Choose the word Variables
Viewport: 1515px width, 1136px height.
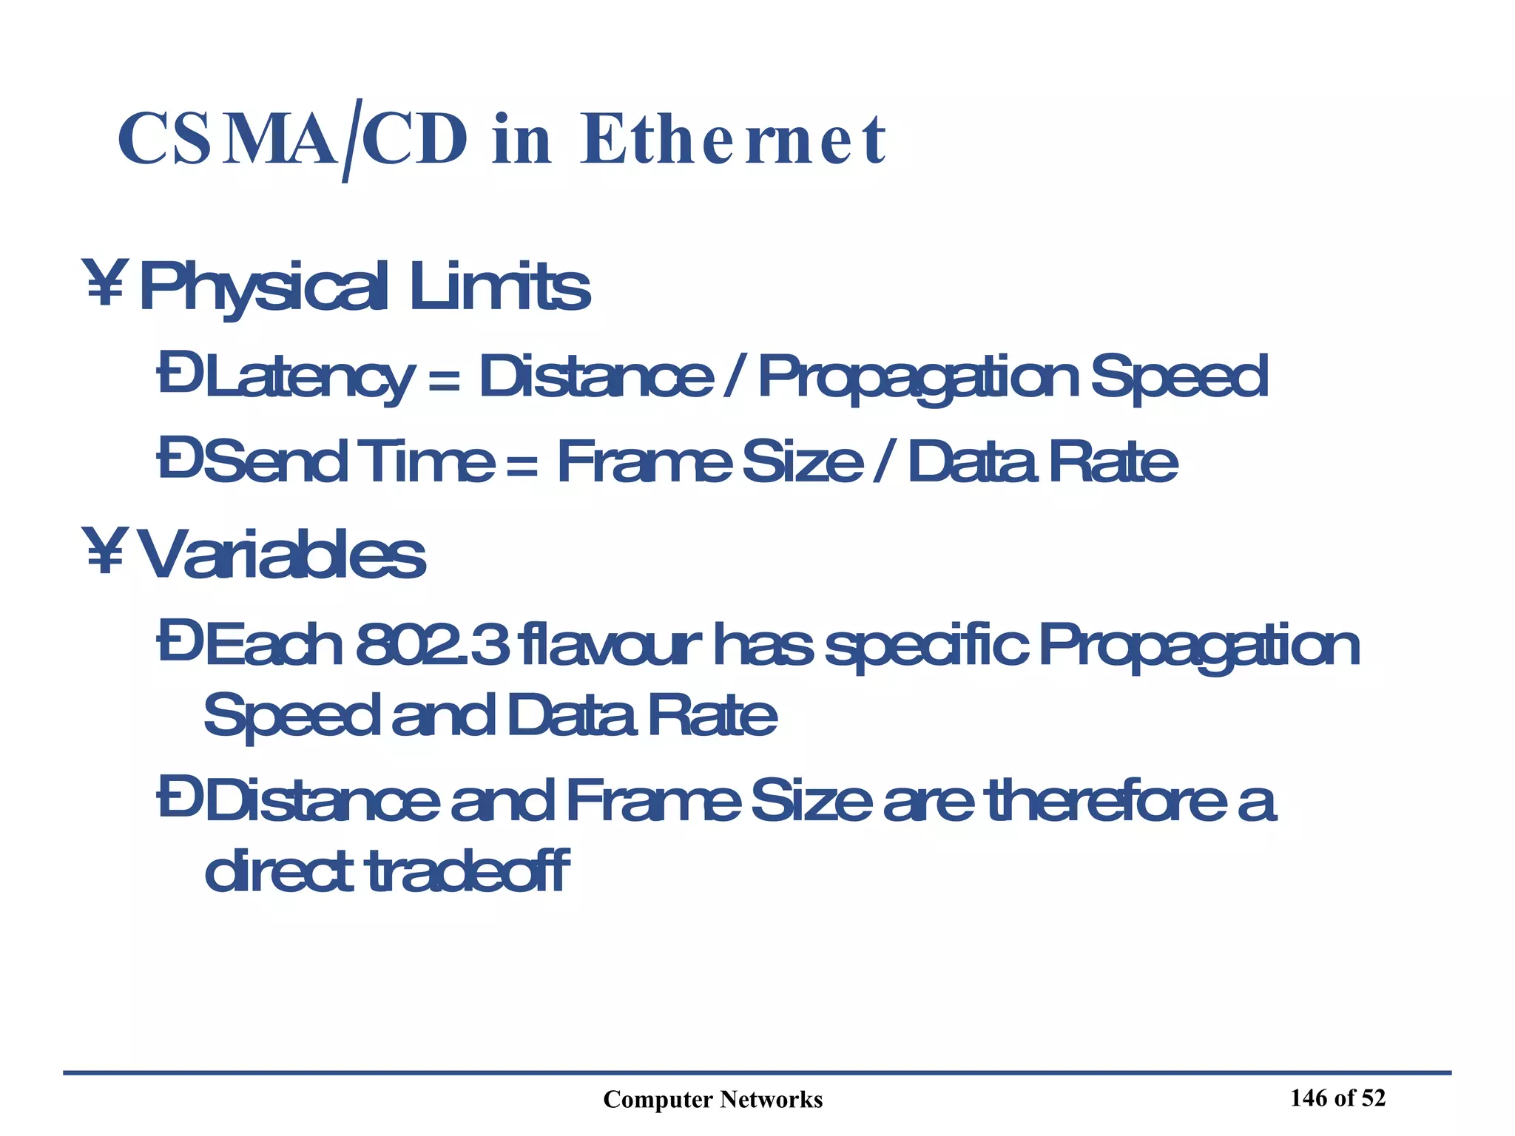click(x=282, y=555)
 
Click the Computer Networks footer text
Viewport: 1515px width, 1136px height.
click(x=712, y=1100)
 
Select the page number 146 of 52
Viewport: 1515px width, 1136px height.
click(x=1337, y=1098)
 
